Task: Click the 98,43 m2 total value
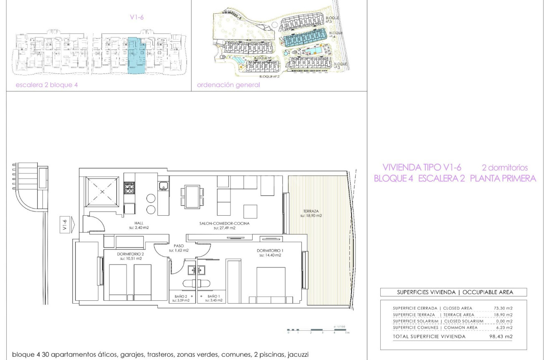click(501, 336)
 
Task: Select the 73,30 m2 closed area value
click(503, 308)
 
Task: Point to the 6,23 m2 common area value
click(503, 327)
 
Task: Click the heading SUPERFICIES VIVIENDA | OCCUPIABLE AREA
click(453, 292)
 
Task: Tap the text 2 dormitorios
click(504, 168)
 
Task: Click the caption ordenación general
click(228, 85)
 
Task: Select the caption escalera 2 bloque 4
click(47, 85)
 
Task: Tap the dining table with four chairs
click(192, 196)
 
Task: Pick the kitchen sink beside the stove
click(163, 186)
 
